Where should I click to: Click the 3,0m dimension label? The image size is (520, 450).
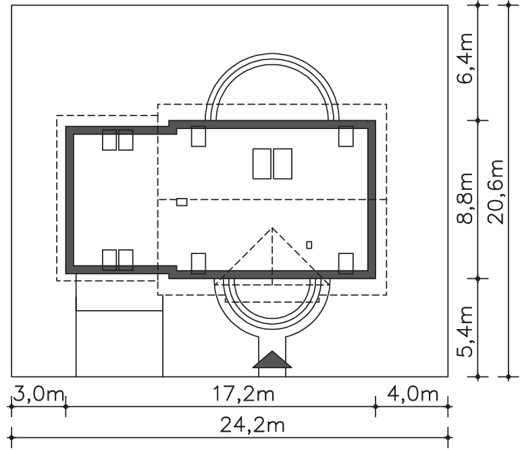tap(38, 395)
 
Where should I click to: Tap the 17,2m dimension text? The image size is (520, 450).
tap(243, 395)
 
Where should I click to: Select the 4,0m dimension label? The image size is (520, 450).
tap(412, 395)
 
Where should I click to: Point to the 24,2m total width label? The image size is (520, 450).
tap(253, 425)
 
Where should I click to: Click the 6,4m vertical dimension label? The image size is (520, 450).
tap(465, 59)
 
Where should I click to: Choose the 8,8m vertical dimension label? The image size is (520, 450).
tap(465, 199)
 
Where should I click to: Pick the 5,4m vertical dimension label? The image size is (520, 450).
tap(465, 332)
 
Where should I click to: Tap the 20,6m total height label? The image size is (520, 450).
tap(496, 192)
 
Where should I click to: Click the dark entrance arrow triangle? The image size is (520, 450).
tap(272, 359)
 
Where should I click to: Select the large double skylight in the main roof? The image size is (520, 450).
tap(273, 164)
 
